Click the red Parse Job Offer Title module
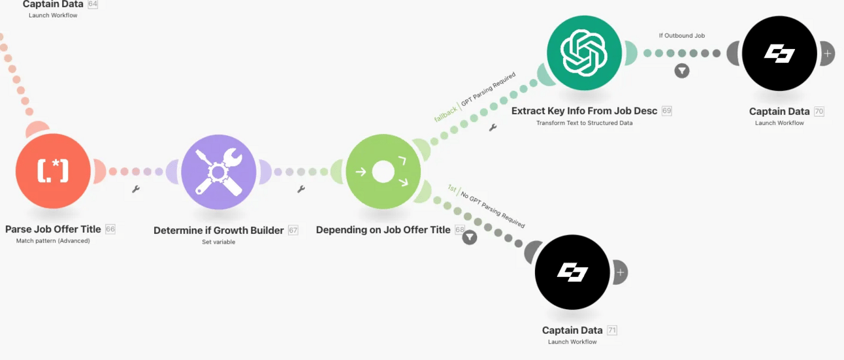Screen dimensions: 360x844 53,171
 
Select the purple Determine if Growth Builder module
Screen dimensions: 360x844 218,171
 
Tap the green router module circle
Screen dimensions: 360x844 383,172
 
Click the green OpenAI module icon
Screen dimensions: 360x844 584,53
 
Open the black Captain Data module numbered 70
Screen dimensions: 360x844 779,53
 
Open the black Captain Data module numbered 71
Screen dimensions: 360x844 572,272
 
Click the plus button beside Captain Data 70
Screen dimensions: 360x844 827,54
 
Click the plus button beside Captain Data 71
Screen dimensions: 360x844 620,272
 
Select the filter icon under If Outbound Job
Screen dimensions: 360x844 681,71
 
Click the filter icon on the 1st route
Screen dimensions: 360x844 469,237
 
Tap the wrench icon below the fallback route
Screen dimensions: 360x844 493,127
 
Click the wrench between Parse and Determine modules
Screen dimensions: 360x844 136,189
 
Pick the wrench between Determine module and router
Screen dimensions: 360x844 301,189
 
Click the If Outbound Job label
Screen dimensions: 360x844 681,36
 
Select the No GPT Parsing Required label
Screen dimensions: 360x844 493,210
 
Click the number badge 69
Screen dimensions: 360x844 666,111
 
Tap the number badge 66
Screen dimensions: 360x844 110,229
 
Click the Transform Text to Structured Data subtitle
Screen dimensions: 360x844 584,123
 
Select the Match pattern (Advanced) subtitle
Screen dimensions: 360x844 53,241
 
